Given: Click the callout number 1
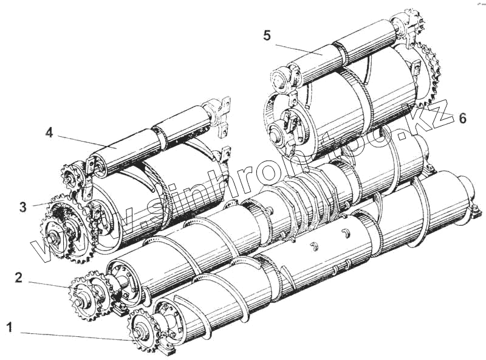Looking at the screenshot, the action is tap(10, 328).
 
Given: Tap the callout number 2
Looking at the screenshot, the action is tap(18, 278).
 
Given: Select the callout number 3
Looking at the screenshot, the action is tap(22, 207).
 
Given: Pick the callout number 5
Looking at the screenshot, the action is tap(267, 35).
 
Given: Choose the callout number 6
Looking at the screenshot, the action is tap(463, 118).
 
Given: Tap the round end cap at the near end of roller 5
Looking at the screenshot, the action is tap(280, 80).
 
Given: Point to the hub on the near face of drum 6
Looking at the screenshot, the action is tap(286, 125).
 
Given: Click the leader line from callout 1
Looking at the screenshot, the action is tap(73, 335).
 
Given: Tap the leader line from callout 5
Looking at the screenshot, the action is tap(298, 47).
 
